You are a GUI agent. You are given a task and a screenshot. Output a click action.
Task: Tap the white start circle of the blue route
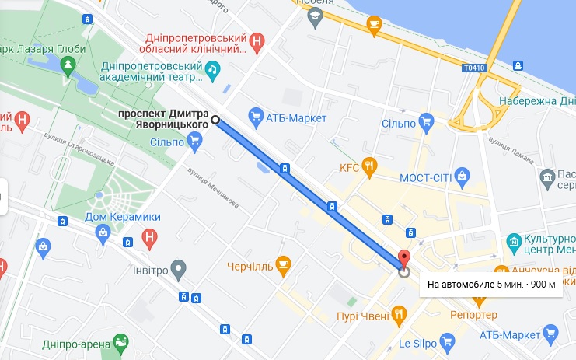click(215, 119)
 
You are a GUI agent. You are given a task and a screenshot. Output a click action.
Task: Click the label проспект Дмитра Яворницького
click(162, 119)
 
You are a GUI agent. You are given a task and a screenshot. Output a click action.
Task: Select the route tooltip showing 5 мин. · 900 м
click(492, 284)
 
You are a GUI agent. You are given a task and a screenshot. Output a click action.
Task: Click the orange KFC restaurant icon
click(370, 166)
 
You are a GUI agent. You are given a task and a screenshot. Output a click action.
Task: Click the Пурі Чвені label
click(361, 315)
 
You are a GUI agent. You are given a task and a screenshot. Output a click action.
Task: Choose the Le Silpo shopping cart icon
click(446, 341)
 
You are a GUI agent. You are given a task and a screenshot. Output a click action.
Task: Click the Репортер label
click(473, 315)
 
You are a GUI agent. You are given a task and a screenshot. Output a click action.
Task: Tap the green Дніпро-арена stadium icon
click(120, 341)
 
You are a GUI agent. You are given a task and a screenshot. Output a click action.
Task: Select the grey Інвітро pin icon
click(180, 270)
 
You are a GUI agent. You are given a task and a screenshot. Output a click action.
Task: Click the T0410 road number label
click(474, 67)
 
